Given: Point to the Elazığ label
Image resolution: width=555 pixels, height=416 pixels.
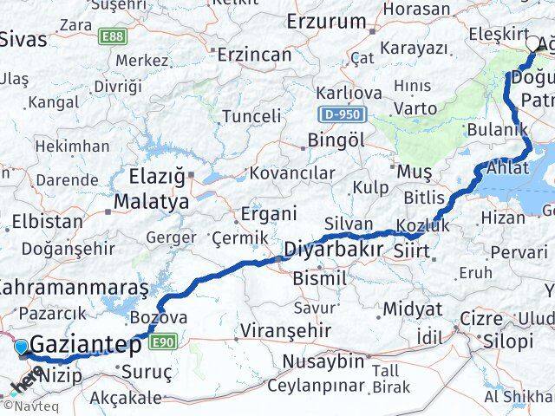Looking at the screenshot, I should point(157,178).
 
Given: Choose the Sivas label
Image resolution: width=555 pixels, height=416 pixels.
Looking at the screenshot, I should point(23,39).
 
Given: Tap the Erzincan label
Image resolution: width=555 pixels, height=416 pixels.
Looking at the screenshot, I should point(254,55).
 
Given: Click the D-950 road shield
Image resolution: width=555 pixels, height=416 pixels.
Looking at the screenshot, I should point(343,114).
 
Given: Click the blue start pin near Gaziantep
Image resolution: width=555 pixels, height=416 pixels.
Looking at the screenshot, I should point(22,348).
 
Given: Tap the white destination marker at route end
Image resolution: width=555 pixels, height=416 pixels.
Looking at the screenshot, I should point(533,41).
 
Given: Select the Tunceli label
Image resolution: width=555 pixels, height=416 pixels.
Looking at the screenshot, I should point(251,116).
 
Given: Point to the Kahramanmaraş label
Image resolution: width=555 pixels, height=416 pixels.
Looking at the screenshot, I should point(75,287).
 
